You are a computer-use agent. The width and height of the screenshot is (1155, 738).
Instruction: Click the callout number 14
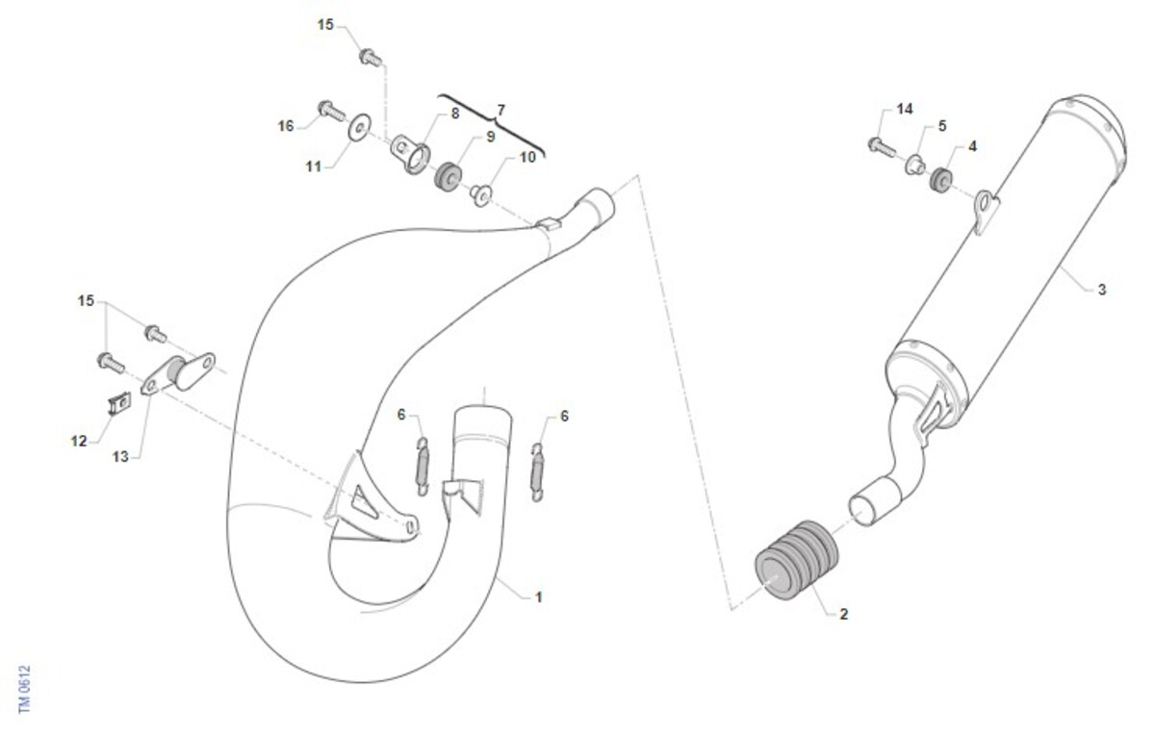click(x=905, y=110)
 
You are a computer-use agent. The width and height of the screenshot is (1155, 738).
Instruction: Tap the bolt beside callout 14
click(x=882, y=146)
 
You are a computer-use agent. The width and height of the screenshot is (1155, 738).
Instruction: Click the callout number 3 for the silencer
click(x=1101, y=290)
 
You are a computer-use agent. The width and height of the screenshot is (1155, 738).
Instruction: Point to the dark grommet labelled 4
click(x=941, y=178)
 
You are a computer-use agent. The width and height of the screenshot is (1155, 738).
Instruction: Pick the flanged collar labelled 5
click(x=915, y=165)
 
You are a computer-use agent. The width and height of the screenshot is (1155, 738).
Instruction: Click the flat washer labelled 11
click(x=359, y=126)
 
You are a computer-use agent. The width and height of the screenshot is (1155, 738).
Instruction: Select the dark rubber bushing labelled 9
click(x=447, y=177)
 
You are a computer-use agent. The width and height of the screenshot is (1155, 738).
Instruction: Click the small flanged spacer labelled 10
click(x=481, y=196)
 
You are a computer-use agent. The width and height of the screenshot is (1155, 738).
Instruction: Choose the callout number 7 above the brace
click(x=500, y=111)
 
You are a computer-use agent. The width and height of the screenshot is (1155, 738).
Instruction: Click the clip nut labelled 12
click(x=119, y=403)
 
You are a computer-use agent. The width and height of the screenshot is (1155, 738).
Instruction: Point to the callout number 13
click(x=120, y=457)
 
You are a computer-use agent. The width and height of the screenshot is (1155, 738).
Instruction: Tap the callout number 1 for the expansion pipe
click(x=539, y=598)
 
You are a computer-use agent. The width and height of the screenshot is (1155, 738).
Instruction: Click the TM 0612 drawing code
click(x=25, y=690)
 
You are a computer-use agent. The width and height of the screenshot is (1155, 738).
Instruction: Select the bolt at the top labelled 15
click(x=371, y=57)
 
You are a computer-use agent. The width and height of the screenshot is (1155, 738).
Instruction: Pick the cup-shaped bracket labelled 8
click(x=410, y=153)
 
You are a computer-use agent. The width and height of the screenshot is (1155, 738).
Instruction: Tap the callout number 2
click(x=843, y=614)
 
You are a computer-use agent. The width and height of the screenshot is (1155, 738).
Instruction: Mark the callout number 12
click(x=79, y=441)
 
